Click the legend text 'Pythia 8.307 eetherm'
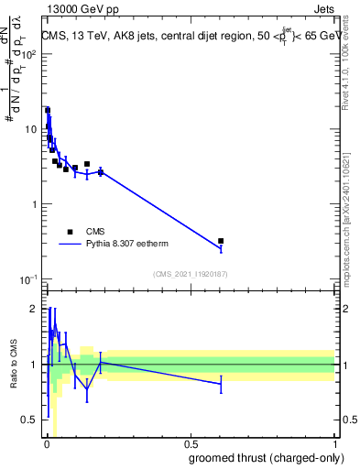130,245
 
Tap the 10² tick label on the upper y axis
30,54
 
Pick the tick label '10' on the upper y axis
33,129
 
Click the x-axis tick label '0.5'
191,444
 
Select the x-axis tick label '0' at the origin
47,444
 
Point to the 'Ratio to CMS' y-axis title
14,364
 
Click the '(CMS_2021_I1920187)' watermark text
190,274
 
